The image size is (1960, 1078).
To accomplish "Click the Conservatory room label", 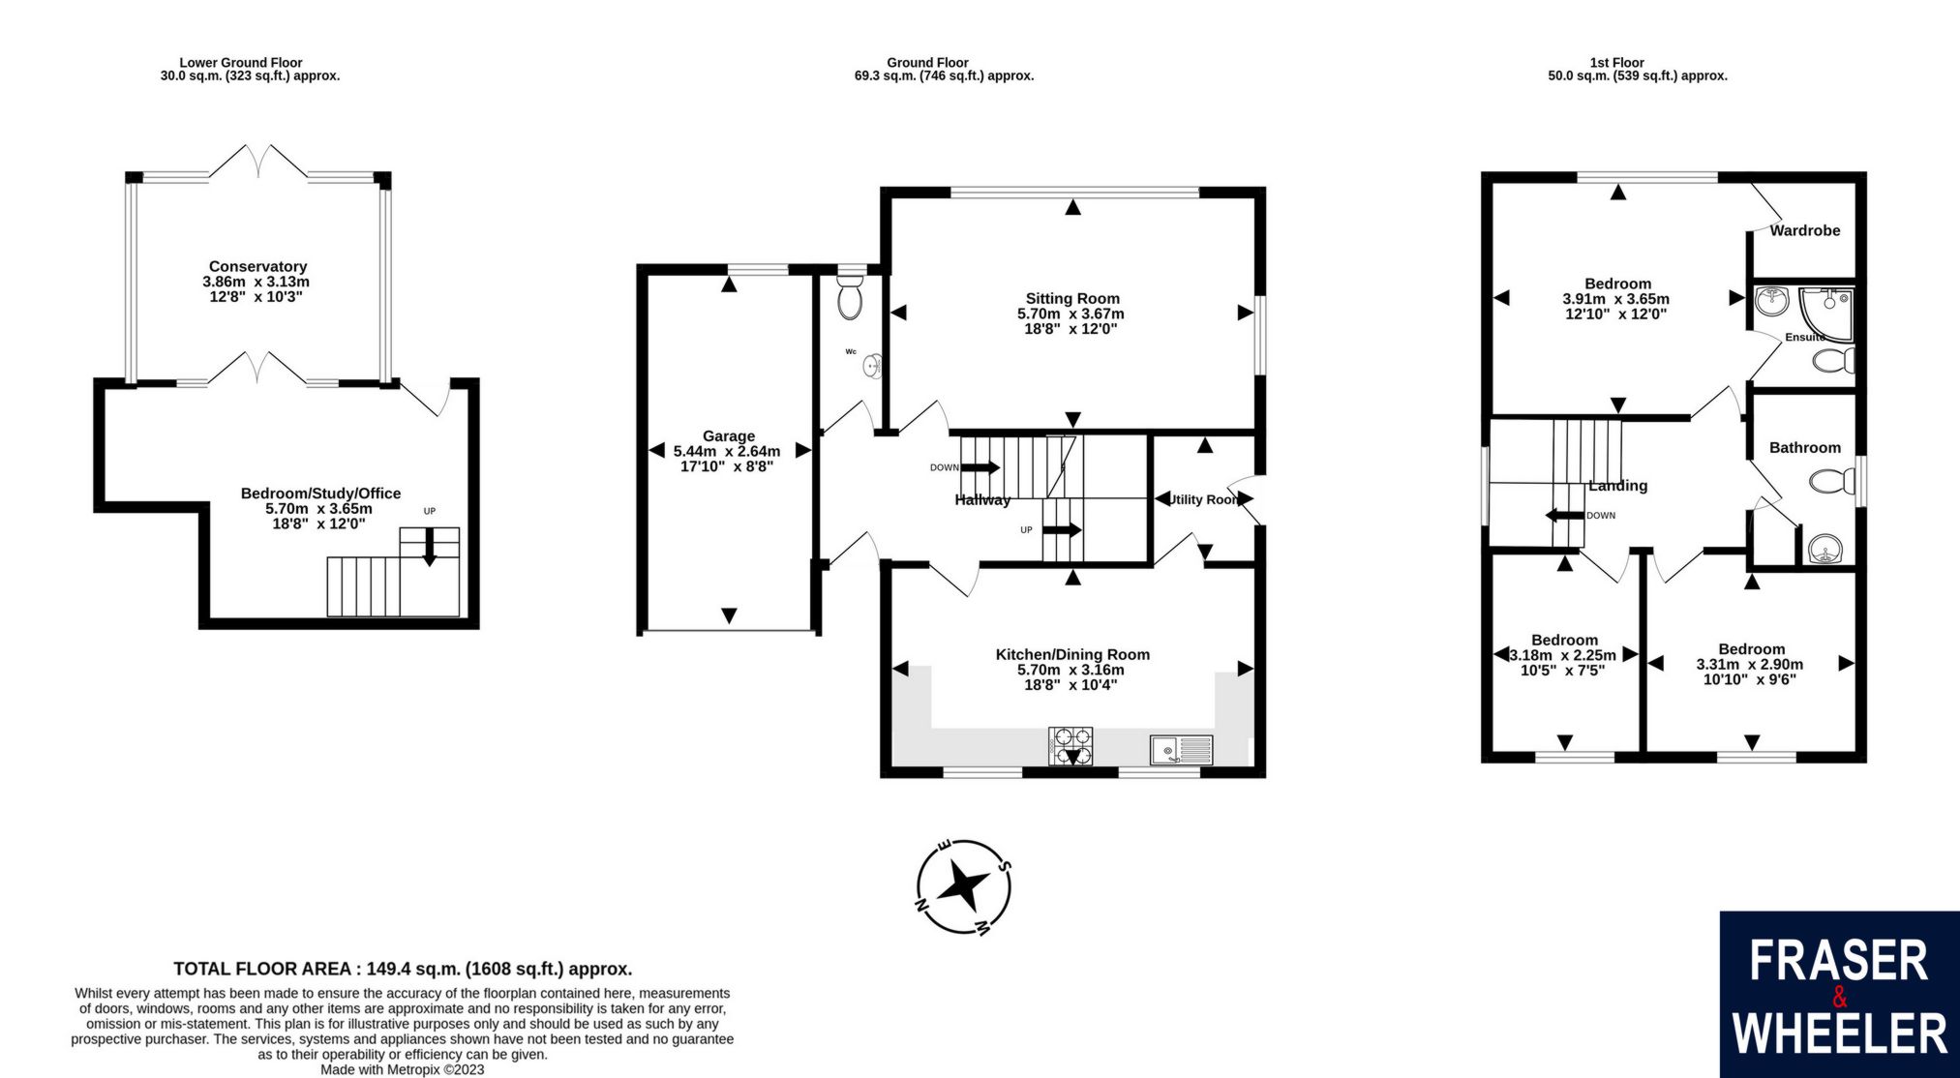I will tap(257, 266).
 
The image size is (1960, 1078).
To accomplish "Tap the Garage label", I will tap(728, 436).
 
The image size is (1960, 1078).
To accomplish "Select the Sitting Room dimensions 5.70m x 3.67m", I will tap(1070, 314).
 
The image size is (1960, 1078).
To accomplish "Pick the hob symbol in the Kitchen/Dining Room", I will tap(1070, 746).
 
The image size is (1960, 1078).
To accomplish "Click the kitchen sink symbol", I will tap(1181, 749).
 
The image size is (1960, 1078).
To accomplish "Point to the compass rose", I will tap(964, 886).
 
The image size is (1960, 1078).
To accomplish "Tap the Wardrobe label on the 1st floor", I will tap(1804, 230).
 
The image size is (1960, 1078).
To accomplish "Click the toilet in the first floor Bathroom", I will tap(1828, 482).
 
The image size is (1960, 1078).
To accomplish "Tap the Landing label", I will tap(1617, 486).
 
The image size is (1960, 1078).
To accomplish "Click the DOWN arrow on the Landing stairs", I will tap(1563, 516).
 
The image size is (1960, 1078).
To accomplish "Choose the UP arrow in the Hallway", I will tap(1063, 530).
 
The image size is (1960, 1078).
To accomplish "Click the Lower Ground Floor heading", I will tap(241, 63).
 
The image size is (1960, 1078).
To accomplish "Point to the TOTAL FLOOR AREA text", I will tap(403, 969).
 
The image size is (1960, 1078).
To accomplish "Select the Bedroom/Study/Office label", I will tap(320, 494).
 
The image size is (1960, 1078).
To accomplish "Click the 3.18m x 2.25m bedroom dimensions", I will tap(1563, 655).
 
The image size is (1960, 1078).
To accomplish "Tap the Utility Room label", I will tap(1204, 499).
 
